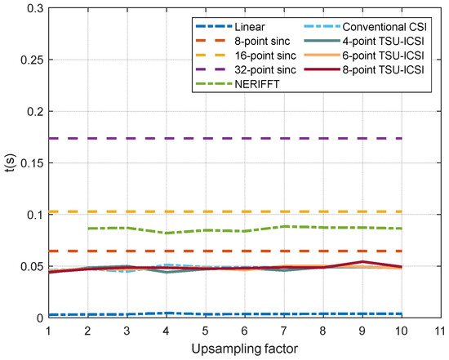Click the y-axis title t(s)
[x=10, y=163]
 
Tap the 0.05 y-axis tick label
[x=29, y=266]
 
